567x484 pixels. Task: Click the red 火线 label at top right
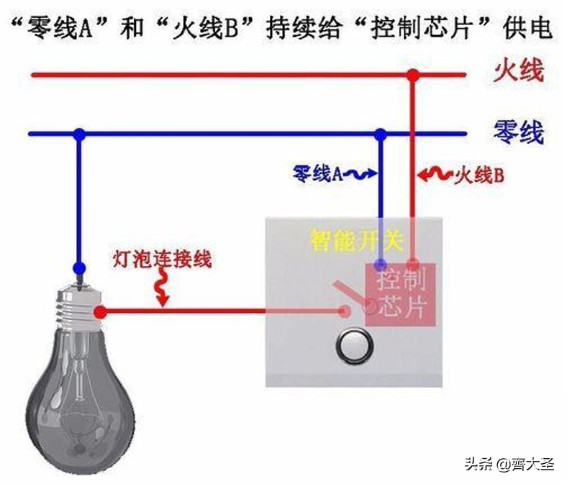point(518,71)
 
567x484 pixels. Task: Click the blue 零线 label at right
point(519,132)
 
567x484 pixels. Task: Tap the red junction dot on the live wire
point(412,76)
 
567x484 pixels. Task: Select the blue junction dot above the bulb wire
point(79,134)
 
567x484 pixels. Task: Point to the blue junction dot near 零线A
point(380,134)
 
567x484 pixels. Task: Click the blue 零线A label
point(318,174)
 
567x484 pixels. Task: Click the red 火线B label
point(479,176)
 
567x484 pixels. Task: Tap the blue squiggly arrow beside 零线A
point(360,175)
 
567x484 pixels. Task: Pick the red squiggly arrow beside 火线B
point(435,175)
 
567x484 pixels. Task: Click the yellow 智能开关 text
point(356,240)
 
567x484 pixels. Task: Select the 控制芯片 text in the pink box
point(401,295)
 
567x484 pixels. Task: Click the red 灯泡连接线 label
point(162,258)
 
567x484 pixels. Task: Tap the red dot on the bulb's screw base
point(100,312)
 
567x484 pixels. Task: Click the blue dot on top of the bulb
point(79,268)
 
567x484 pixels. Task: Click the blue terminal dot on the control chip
point(380,264)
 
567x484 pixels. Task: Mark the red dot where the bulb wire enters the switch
point(345,311)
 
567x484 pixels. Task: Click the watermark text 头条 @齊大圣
point(509,464)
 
